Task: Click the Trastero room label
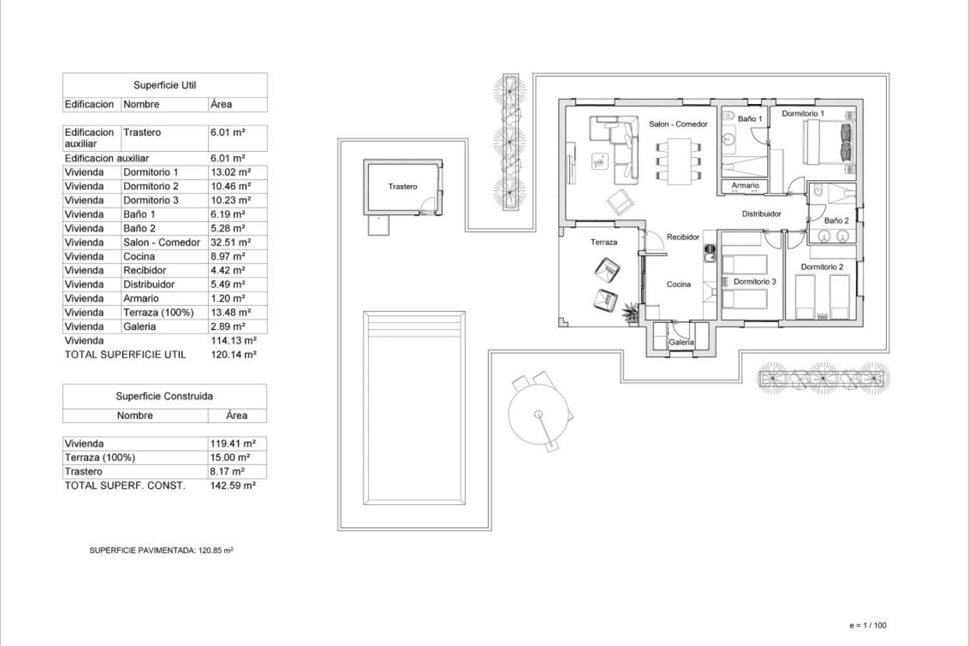[x=403, y=187]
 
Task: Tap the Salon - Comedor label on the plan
[x=678, y=124]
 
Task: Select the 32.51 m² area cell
[x=231, y=242]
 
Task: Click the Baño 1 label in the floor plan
[x=750, y=119]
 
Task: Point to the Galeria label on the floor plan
[x=681, y=342]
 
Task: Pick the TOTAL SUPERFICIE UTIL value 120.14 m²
[x=233, y=355]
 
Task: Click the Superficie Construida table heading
[x=164, y=396]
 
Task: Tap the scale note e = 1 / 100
[x=868, y=625]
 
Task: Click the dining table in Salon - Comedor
[x=678, y=161]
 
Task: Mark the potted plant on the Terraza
[x=630, y=311]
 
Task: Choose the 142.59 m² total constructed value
[x=233, y=486]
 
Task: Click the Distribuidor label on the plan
[x=761, y=214]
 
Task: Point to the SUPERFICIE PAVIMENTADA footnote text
[x=161, y=551]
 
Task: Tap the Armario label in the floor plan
[x=745, y=186]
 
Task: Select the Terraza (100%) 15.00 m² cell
[x=230, y=458]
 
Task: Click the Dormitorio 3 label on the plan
[x=755, y=282]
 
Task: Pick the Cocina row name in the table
[x=139, y=256]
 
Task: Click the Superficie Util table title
[x=165, y=85]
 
